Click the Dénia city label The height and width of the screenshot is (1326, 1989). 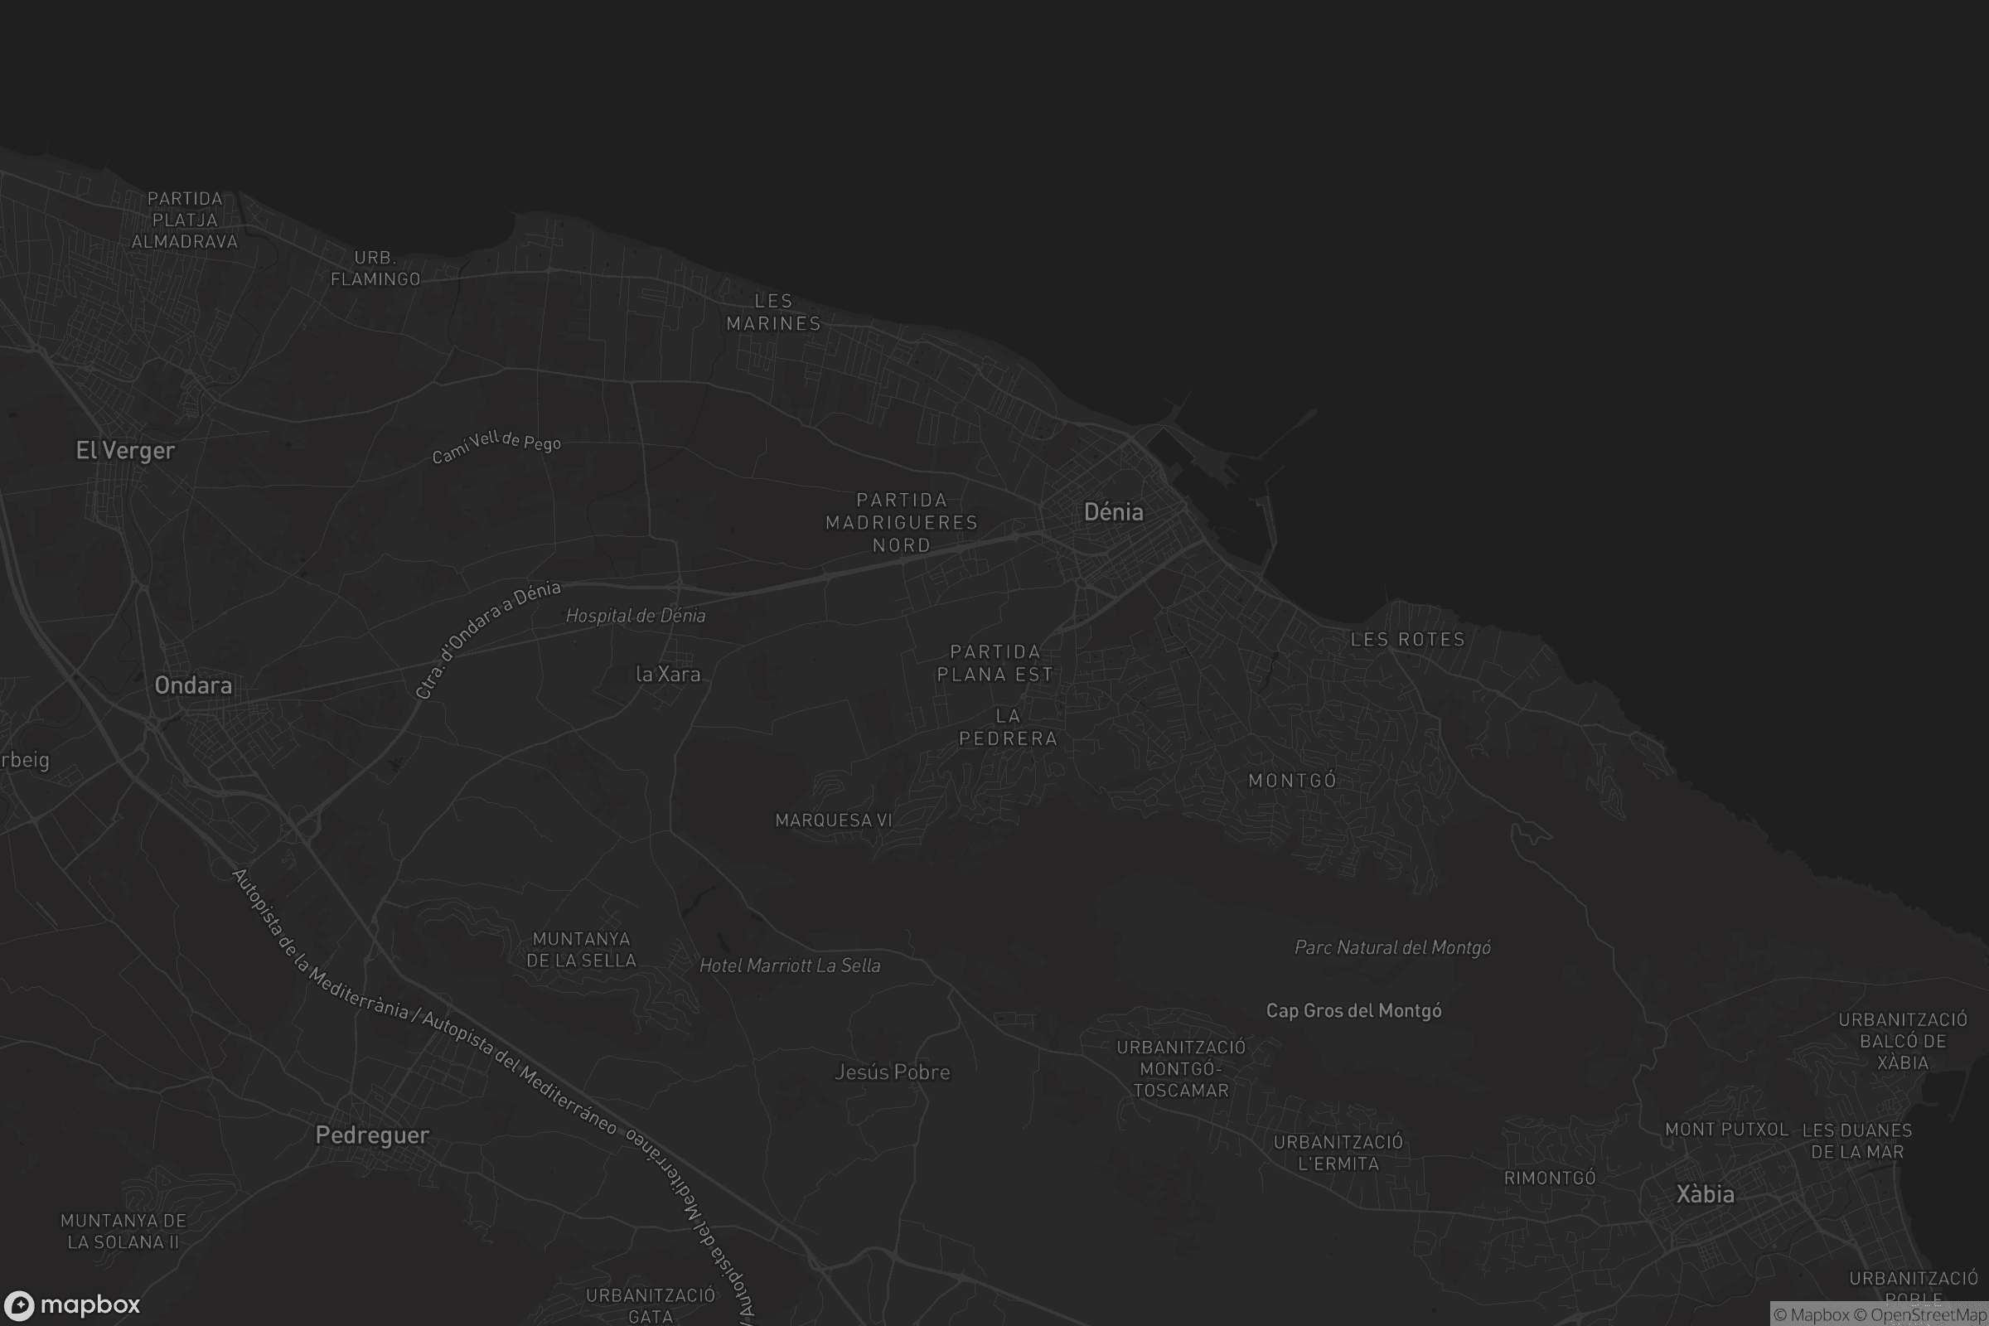point(1113,511)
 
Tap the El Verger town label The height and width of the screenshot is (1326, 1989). point(125,450)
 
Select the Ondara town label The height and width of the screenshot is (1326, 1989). point(193,685)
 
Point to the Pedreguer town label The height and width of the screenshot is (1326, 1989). point(372,1135)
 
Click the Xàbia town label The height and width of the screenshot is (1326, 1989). point(1705,1194)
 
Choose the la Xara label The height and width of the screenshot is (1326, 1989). point(668,674)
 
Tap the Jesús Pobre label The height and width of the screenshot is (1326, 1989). point(893,1072)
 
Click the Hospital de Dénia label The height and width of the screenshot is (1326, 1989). point(635,616)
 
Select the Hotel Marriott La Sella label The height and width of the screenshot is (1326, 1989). point(790,965)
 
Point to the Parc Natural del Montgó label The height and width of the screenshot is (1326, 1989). point(1392,948)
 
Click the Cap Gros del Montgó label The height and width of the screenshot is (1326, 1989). point(1353,1010)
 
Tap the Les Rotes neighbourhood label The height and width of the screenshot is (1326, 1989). point(1407,639)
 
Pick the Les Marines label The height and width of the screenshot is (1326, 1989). point(773,312)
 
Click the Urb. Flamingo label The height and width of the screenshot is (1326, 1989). point(375,268)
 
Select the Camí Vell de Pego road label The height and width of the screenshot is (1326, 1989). point(496,446)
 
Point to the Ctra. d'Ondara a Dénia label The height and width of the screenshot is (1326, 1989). point(487,638)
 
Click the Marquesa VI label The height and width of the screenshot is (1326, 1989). point(834,820)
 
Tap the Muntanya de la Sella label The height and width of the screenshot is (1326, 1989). point(581,950)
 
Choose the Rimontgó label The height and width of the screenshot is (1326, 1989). point(1549,1178)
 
